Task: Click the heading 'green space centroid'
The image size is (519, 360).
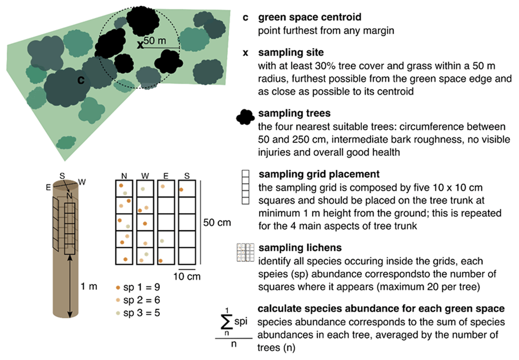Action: point(309,17)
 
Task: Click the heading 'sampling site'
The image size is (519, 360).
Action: point(291,52)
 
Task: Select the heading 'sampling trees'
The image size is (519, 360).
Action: point(294,113)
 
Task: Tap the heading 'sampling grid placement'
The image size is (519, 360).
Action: point(319,174)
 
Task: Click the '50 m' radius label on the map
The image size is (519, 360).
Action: point(155,40)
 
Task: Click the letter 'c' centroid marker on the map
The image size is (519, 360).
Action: point(81,80)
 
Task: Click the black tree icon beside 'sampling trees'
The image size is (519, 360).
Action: point(245,117)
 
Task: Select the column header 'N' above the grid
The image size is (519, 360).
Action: point(124,176)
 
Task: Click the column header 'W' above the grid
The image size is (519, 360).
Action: point(145,176)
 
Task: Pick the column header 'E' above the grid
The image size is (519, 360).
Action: point(166,176)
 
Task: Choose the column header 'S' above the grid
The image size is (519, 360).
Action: point(187,176)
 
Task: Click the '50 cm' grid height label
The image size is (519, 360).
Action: point(217,223)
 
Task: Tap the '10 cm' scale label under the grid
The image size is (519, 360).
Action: point(187,276)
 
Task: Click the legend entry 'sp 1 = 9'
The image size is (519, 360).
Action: point(138,287)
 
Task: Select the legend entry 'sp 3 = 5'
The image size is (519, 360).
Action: point(138,313)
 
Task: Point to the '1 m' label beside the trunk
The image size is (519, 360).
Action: point(89,286)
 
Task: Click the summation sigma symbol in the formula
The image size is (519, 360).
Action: point(227,322)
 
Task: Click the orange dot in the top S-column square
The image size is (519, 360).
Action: point(181,189)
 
